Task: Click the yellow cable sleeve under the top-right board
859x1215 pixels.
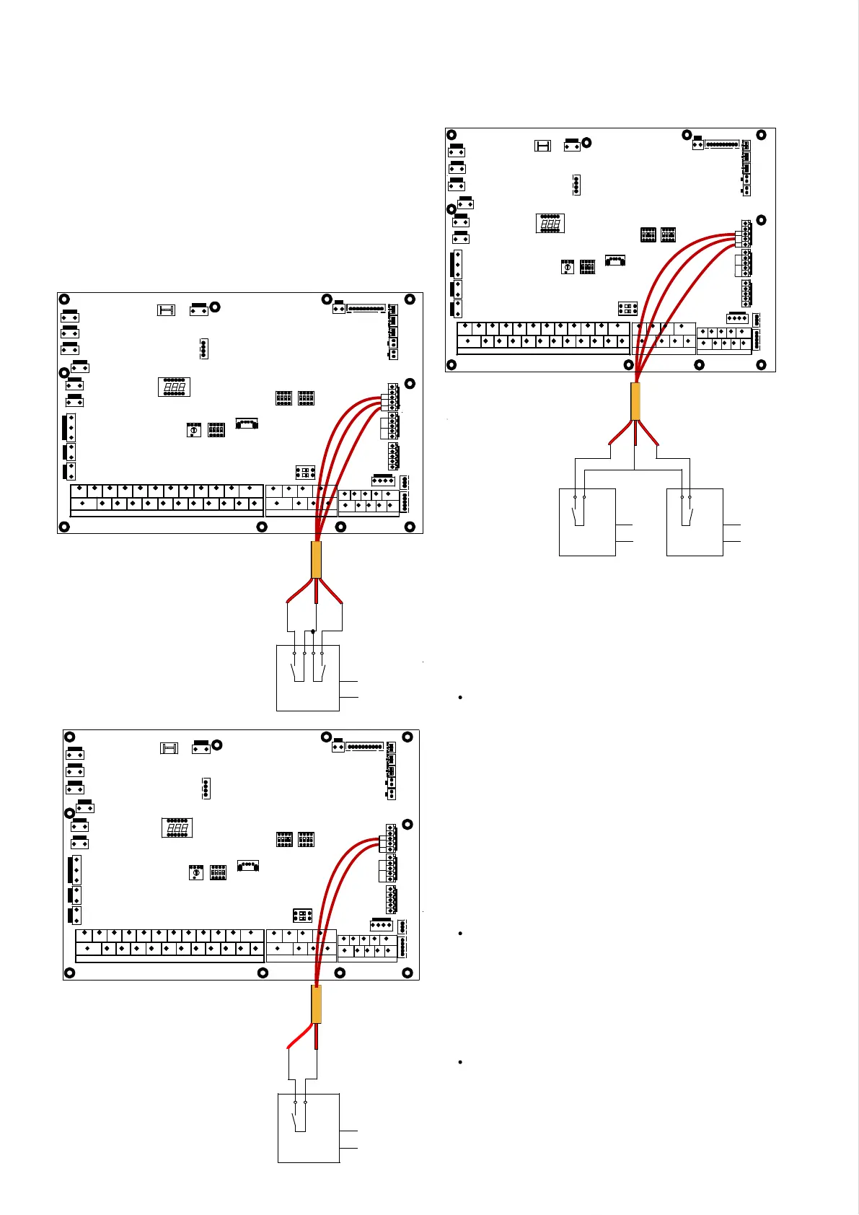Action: pos(635,401)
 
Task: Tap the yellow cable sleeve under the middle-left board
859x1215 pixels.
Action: pos(316,560)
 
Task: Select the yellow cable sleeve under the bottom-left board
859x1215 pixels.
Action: pos(316,1004)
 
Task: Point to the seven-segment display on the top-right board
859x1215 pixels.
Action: pos(550,224)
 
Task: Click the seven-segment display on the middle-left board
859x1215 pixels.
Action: pos(174,387)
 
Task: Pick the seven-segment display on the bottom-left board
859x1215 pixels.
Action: pos(177,828)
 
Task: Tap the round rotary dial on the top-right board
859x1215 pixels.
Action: pos(568,268)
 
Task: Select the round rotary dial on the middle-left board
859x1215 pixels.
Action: pos(193,430)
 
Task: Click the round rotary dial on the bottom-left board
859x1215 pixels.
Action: pos(195,873)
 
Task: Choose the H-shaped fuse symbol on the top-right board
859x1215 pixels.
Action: pos(542,146)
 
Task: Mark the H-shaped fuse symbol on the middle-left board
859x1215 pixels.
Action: pos(166,310)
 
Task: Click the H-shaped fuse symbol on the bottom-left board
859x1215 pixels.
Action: pos(169,748)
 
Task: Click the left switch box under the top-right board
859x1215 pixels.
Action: pos(587,522)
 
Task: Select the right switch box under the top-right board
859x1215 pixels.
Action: pos(695,522)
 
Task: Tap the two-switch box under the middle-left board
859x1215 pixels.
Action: pos(308,678)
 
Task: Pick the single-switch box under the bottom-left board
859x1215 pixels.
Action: pos(309,1128)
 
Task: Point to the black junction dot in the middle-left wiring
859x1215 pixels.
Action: pos(313,631)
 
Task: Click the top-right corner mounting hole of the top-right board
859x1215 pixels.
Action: pos(761,135)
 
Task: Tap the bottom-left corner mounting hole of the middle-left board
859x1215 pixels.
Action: pos(64,527)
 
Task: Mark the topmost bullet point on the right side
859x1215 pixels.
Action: pos(459,698)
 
